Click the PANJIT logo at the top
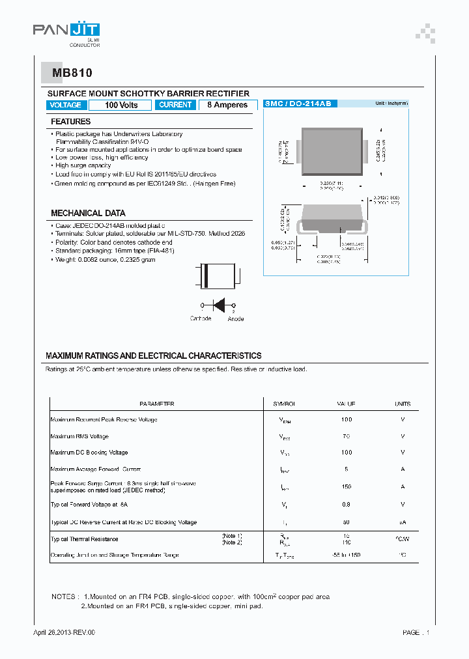coord(66,31)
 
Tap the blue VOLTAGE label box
coord(66,105)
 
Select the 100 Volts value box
coord(121,105)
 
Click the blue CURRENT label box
coord(175,105)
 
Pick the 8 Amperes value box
coord(227,105)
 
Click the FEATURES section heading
coord(71,122)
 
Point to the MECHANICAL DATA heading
coord(88,213)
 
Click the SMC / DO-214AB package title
coord(298,104)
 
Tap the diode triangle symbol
coord(220,304)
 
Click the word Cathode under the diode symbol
coord(201,318)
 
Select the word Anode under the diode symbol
coord(236,318)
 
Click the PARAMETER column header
coord(157,404)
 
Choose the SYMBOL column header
coord(284,404)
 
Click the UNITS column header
coord(403,404)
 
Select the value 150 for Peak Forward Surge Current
coord(347,486)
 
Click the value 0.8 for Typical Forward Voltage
coord(347,504)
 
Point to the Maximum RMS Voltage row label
coord(79,436)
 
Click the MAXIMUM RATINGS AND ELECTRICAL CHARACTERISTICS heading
coord(154,356)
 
